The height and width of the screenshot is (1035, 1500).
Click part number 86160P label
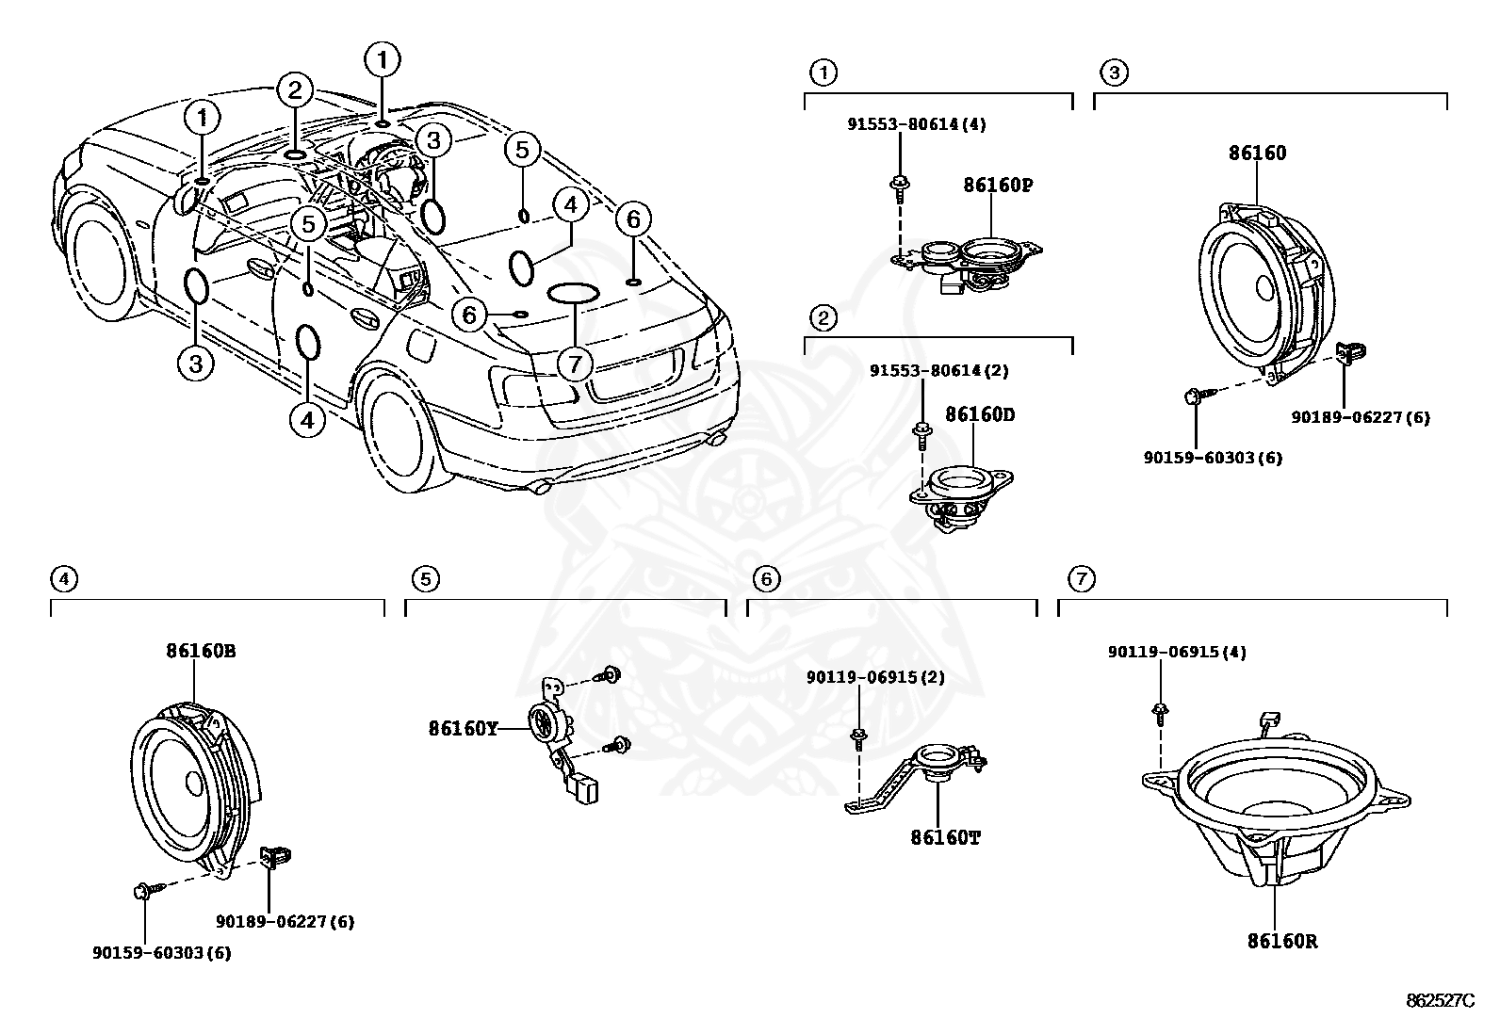click(x=998, y=186)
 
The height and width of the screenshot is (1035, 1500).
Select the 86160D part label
click(x=980, y=414)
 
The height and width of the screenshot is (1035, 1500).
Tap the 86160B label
click(x=202, y=650)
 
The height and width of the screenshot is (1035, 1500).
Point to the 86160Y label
click(x=463, y=728)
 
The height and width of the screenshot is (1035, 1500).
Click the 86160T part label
click(x=945, y=836)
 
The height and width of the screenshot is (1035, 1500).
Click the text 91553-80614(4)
click(x=914, y=124)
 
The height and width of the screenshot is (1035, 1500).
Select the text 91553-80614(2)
click(x=938, y=371)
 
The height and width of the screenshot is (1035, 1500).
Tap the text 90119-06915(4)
click(x=1177, y=652)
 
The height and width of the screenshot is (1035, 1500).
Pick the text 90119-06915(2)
click(x=875, y=677)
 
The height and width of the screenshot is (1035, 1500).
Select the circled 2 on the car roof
click(x=295, y=91)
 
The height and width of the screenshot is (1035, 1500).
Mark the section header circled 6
click(x=768, y=578)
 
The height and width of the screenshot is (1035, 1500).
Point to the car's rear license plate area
click(x=634, y=365)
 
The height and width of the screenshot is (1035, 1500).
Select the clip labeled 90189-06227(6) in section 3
click(x=1352, y=353)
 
